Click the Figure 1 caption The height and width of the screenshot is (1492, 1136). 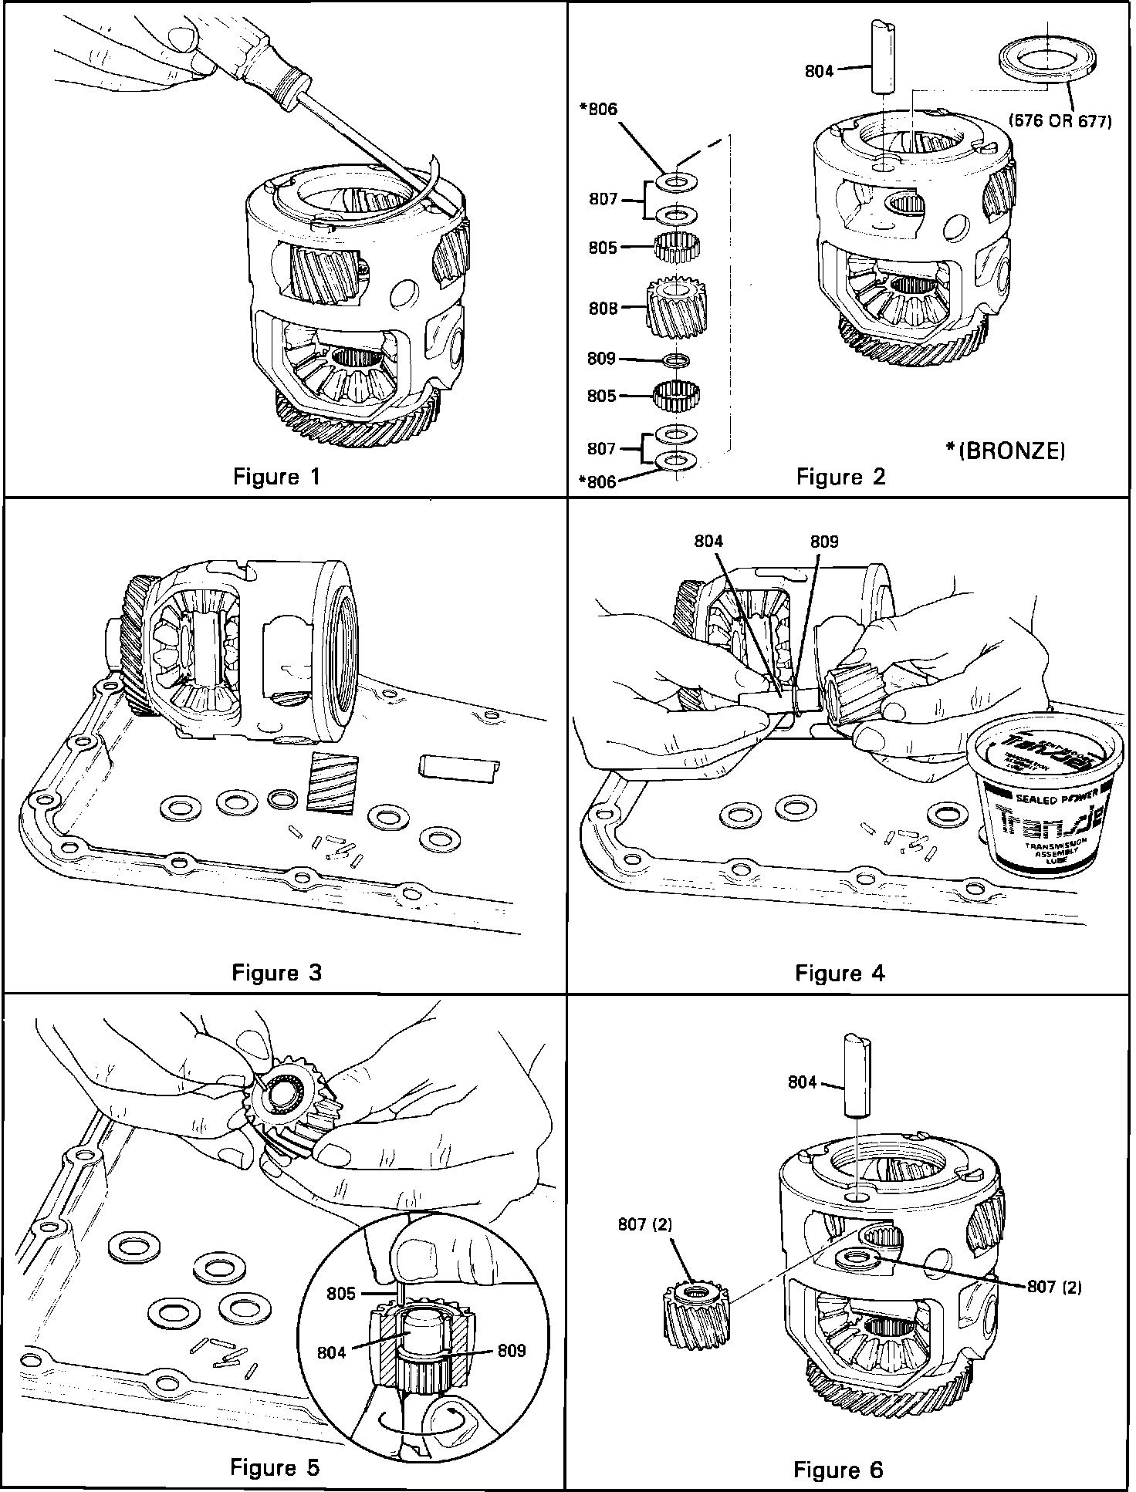[x=276, y=477]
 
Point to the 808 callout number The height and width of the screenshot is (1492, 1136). [x=603, y=309]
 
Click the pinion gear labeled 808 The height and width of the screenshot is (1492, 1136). [x=676, y=309]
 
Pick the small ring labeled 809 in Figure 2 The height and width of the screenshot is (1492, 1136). [x=676, y=360]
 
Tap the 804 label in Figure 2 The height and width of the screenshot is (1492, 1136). [x=819, y=72]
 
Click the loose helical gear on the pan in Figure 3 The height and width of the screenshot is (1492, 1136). [x=330, y=782]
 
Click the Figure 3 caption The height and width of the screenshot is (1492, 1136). [x=276, y=973]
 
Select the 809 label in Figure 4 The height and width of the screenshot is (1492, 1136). [x=823, y=542]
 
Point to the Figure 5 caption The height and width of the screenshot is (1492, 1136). [x=274, y=1467]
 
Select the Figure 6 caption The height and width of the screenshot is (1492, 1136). [x=837, y=1470]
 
